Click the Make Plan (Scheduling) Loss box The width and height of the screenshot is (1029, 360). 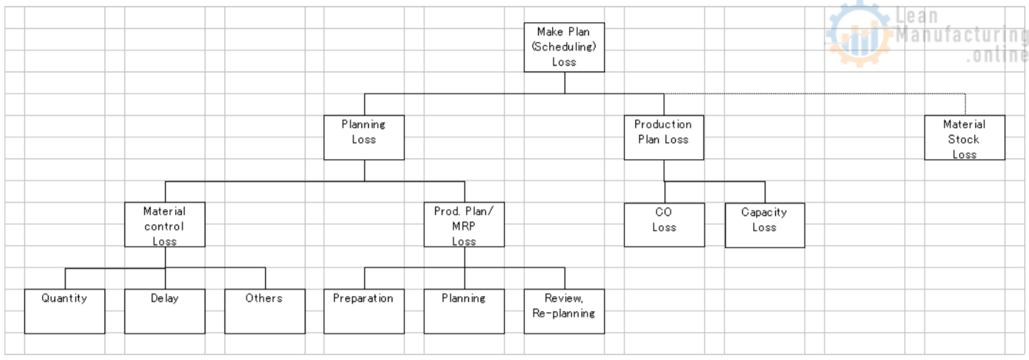[564, 47]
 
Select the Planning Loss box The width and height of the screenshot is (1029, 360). [364, 137]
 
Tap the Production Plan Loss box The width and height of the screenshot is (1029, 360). [663, 137]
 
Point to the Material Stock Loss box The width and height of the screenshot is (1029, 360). [964, 137]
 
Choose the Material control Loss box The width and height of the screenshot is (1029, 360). [164, 225]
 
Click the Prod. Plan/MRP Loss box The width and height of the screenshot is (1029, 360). [464, 225]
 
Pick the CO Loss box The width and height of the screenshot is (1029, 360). [663, 225]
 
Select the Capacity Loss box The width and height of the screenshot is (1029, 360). [764, 225]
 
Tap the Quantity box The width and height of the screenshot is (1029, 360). [64, 311]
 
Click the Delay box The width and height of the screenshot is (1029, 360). [164, 311]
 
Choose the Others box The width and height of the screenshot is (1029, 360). [264, 311]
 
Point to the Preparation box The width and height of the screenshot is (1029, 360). [364, 311]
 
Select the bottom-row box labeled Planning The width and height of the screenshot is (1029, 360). [464, 311]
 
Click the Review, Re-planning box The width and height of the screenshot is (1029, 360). [564, 311]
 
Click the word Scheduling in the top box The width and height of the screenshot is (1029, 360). [564, 47]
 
